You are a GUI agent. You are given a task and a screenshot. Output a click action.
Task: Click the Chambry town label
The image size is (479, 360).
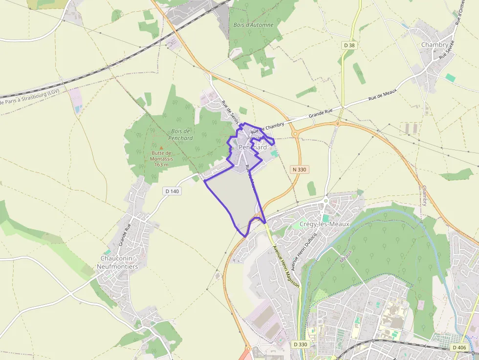(434, 45)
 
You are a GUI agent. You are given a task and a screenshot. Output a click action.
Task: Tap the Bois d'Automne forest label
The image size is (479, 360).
(253, 24)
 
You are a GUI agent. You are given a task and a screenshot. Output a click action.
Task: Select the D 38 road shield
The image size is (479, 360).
(349, 45)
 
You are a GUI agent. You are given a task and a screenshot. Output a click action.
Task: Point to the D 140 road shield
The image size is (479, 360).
(173, 191)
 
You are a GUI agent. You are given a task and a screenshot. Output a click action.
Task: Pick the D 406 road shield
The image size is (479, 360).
(459, 347)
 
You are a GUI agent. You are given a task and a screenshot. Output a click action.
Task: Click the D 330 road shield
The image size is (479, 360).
(301, 344)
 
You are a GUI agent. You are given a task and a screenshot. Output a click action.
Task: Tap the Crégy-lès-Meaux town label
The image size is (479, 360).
(325, 224)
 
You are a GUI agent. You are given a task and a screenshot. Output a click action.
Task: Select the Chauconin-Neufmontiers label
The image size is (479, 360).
(119, 262)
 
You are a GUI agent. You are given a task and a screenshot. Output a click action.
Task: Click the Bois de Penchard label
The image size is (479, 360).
(181, 134)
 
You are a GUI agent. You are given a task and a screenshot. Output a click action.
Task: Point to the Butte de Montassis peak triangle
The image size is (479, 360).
(161, 147)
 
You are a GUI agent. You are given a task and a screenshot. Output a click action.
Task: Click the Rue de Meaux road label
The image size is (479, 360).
(382, 94)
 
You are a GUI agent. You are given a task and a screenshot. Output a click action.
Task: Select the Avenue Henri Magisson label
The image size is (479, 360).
(285, 269)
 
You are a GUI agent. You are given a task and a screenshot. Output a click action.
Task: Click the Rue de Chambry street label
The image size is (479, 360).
(267, 128)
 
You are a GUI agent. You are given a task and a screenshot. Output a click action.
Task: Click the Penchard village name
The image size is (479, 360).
(253, 147)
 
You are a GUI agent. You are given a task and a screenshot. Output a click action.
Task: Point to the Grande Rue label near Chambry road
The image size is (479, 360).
(320, 114)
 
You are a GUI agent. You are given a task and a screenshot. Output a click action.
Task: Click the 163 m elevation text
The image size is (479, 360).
(161, 165)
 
